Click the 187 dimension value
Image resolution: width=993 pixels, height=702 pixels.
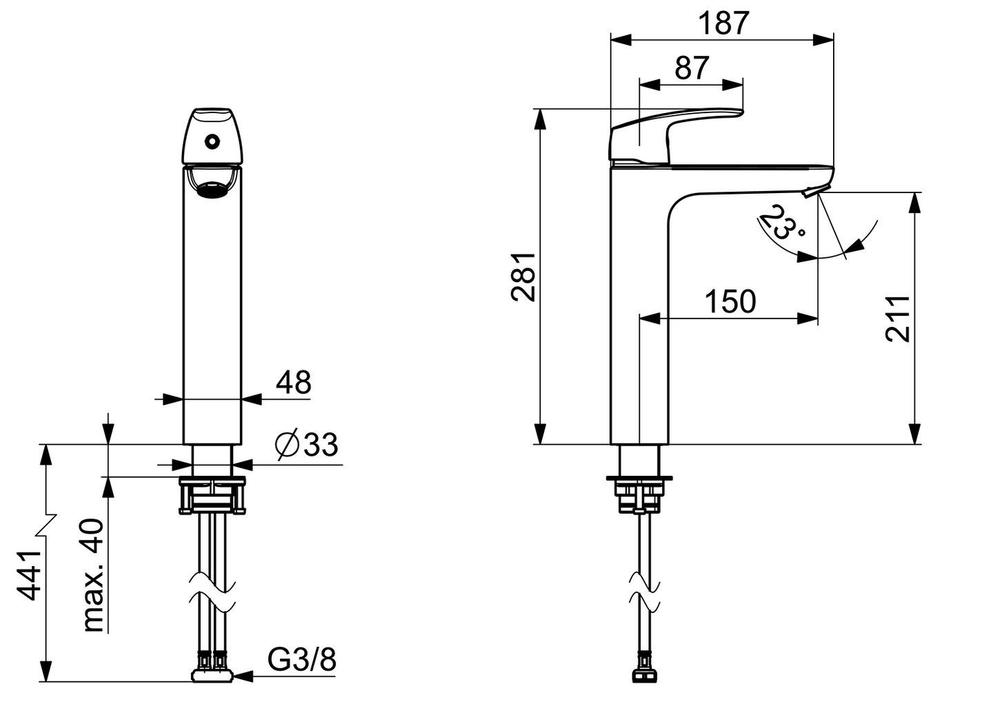723,23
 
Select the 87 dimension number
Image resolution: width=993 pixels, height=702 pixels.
692,68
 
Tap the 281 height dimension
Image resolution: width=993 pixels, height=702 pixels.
524,276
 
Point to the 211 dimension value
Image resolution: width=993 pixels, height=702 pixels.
898,318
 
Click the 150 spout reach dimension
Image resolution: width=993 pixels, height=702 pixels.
730,301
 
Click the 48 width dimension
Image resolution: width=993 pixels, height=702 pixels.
294,382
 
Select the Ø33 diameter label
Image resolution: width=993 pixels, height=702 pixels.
306,445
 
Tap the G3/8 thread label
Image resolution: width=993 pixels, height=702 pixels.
302,660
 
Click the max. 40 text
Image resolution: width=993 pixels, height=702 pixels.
92,576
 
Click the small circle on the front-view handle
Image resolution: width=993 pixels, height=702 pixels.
212,142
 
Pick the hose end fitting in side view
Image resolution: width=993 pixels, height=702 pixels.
644,672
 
